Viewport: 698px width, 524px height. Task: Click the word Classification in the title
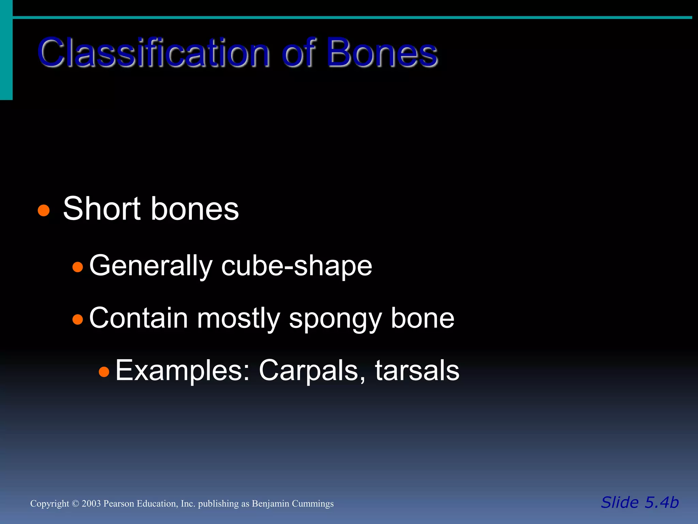point(153,53)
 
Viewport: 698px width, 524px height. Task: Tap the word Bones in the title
point(382,53)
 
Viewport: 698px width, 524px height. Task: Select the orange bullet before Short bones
point(44,210)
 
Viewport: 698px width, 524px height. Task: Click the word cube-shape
point(297,266)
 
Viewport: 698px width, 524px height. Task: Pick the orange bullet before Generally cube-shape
point(78,267)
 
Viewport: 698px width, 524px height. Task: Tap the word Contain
point(138,318)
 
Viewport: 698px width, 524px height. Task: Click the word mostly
point(239,318)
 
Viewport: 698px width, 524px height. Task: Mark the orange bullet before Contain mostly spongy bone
point(78,319)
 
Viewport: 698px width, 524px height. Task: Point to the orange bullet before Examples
point(104,372)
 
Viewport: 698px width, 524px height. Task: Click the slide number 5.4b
point(661,503)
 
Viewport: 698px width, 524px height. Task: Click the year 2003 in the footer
point(91,504)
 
